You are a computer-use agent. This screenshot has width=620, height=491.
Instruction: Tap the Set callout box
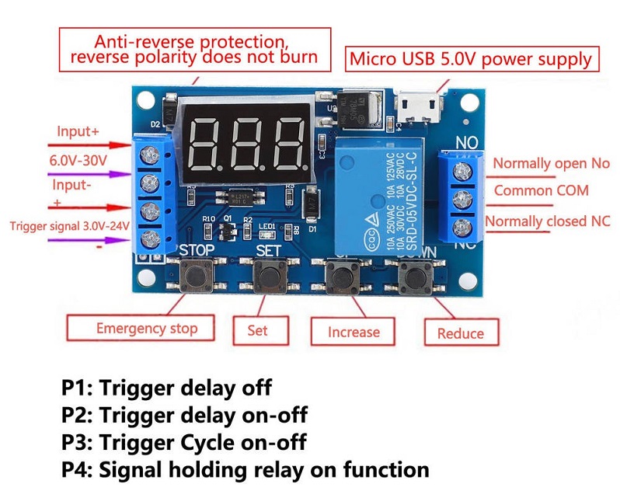257,330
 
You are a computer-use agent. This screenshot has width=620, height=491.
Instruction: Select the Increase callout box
354,332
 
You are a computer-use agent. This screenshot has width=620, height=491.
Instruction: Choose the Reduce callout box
460,333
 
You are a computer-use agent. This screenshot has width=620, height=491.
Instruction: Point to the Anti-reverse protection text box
193,48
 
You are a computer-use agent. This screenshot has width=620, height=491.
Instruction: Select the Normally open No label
551,164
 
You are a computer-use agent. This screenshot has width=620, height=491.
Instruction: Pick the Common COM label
541,190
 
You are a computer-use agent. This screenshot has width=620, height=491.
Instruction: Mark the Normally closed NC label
548,221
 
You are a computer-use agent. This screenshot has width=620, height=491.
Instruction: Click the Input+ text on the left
78,132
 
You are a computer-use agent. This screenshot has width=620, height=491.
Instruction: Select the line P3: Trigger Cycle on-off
183,442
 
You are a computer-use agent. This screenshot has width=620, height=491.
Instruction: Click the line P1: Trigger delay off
167,387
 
